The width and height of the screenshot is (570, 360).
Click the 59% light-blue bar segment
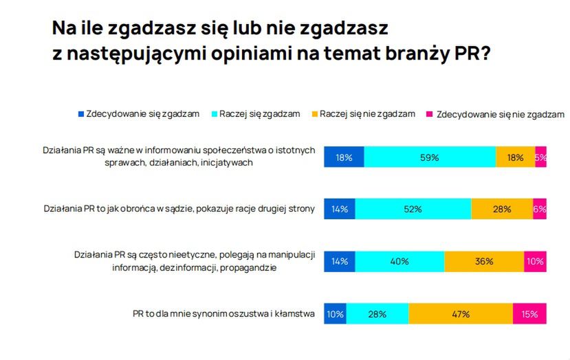point(430,157)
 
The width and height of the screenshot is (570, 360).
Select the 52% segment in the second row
point(413,209)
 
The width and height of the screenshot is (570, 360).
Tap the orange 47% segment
point(460,314)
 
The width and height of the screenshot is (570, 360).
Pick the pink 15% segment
point(529,314)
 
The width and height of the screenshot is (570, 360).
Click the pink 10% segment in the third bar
point(535,262)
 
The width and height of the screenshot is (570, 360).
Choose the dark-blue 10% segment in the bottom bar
point(335,314)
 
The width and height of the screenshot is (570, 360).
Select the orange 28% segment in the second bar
point(502,209)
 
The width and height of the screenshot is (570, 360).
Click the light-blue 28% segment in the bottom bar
point(377,314)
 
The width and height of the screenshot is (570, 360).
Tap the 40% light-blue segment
point(399,262)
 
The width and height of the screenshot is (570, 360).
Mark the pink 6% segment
point(540,209)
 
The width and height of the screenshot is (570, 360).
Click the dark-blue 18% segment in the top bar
point(344,157)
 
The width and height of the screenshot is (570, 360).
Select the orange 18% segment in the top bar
point(515,157)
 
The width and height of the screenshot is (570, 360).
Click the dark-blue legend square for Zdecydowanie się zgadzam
point(80,114)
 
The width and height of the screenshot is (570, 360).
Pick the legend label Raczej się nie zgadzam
point(367,114)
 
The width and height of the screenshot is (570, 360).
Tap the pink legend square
point(431,114)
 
